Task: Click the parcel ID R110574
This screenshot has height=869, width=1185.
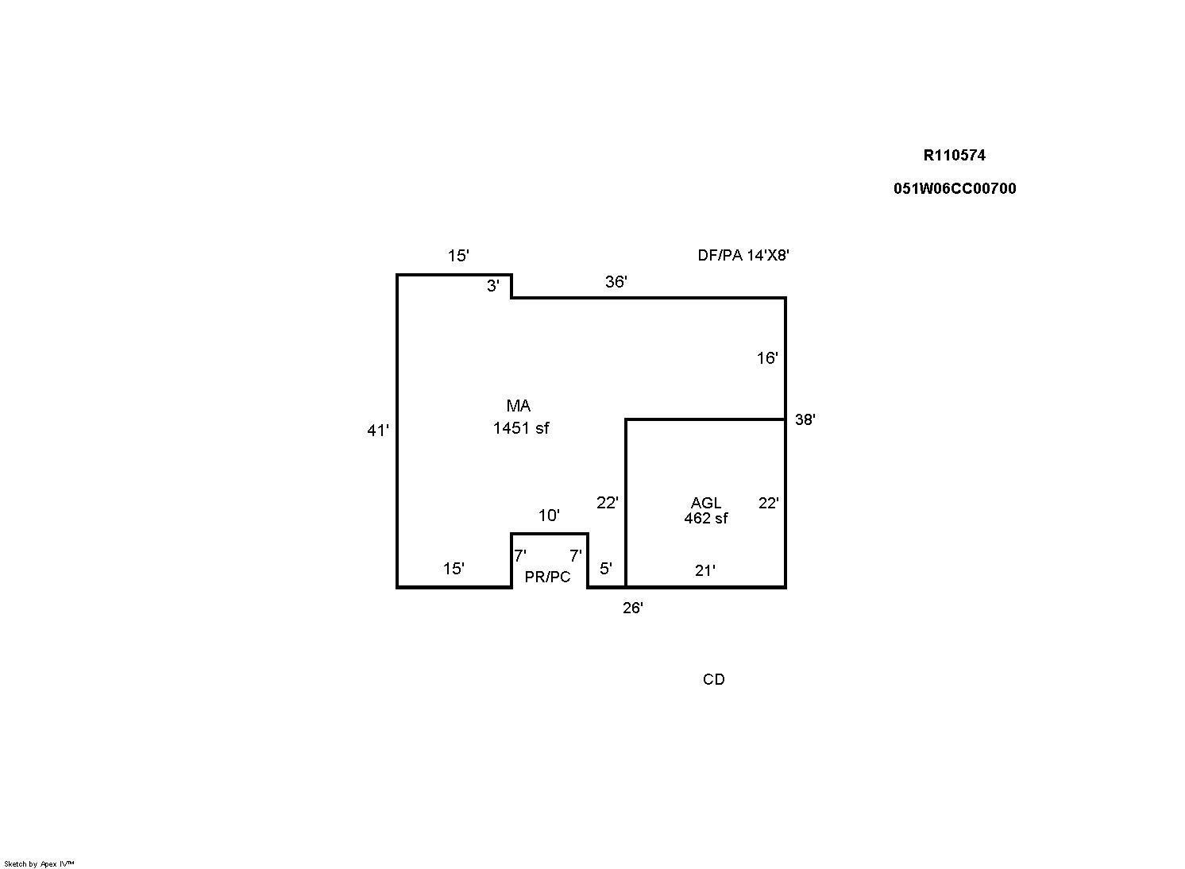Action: pyautogui.click(x=955, y=155)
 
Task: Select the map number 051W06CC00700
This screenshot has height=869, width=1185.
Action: pyautogui.click(x=955, y=188)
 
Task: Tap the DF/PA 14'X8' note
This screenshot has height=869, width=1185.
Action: pyautogui.click(x=743, y=255)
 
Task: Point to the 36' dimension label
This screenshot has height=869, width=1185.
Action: pyautogui.click(x=616, y=281)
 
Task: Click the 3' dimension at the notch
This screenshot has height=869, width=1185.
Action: pyautogui.click(x=493, y=286)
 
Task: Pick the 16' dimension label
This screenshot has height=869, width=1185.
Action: pyautogui.click(x=767, y=358)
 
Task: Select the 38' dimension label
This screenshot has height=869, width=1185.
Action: pyautogui.click(x=805, y=419)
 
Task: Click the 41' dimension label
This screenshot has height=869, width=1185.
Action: pyautogui.click(x=378, y=431)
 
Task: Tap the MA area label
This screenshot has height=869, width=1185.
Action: pyautogui.click(x=519, y=406)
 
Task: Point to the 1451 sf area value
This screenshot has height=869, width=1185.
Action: pyautogui.click(x=521, y=428)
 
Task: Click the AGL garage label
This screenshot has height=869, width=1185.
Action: pyautogui.click(x=706, y=503)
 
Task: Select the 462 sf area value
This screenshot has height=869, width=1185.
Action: pyautogui.click(x=706, y=518)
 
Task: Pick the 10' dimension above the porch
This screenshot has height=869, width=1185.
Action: pyautogui.click(x=549, y=516)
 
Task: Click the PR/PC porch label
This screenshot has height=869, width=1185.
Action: pyautogui.click(x=547, y=577)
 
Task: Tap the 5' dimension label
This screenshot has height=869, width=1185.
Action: pyautogui.click(x=606, y=569)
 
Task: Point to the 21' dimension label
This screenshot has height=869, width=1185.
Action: pyautogui.click(x=705, y=570)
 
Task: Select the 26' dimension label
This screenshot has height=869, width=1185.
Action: pyautogui.click(x=633, y=608)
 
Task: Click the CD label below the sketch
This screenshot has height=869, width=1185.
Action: pyautogui.click(x=714, y=679)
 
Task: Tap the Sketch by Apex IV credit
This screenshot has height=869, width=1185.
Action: pyautogui.click(x=39, y=864)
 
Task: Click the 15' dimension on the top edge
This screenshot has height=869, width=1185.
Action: pyautogui.click(x=458, y=256)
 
